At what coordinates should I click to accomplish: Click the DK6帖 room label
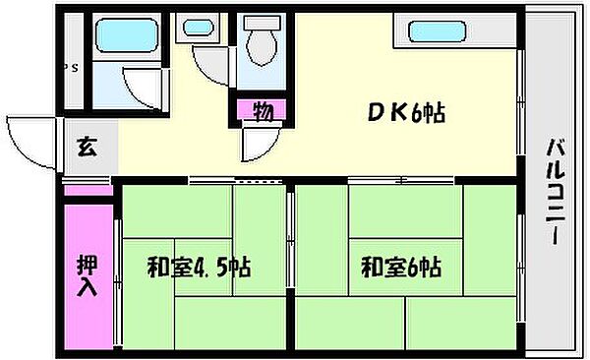(405, 114)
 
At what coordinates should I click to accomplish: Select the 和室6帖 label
(400, 267)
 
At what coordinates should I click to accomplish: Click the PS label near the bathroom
(70, 68)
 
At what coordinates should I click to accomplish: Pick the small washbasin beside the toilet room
(193, 29)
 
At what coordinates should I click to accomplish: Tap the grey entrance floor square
(88, 150)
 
